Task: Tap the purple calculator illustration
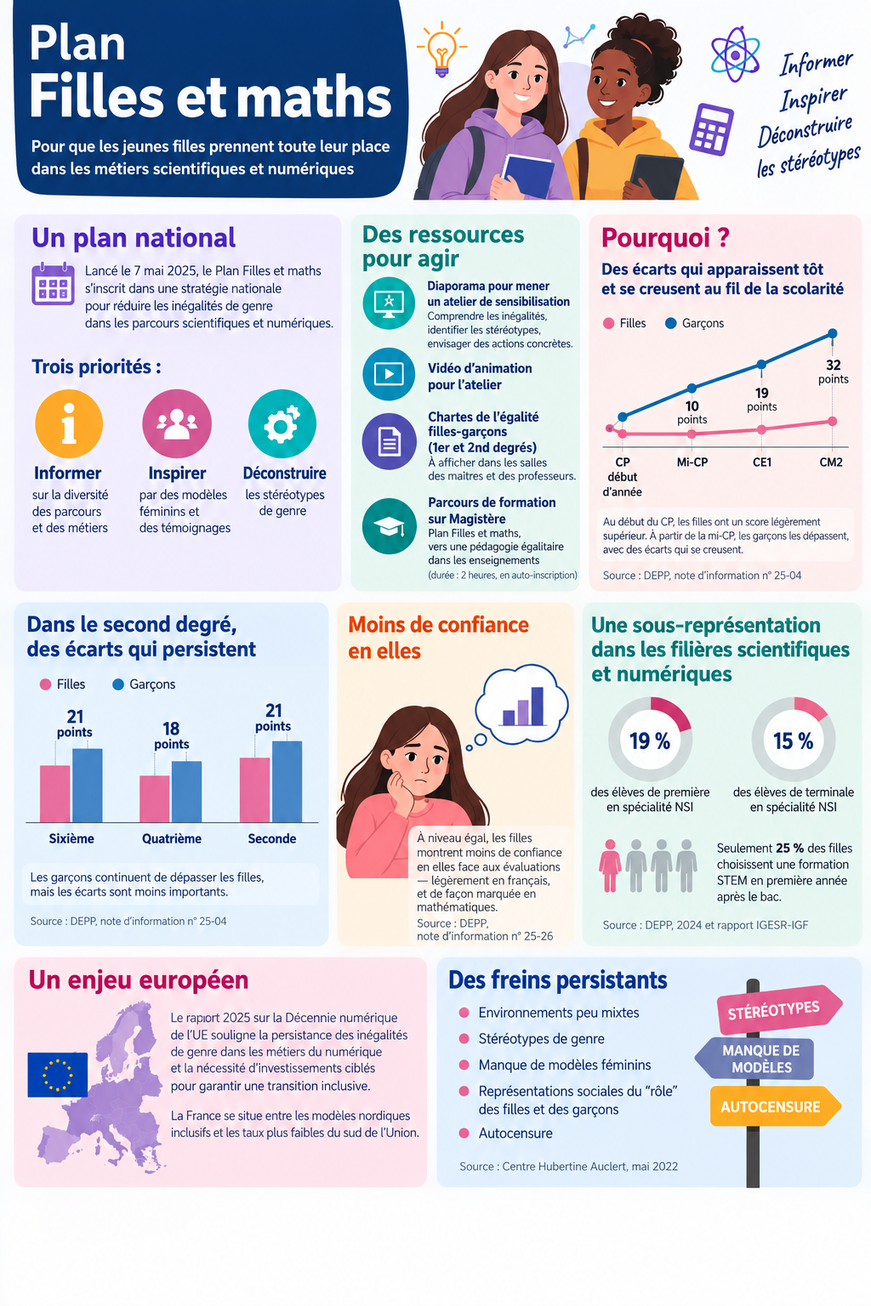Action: pyautogui.click(x=711, y=129)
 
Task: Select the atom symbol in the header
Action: pyautogui.click(x=735, y=54)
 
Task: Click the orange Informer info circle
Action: pyautogui.click(x=69, y=424)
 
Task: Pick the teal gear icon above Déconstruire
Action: pyautogui.click(x=282, y=424)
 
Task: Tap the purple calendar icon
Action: pyautogui.click(x=53, y=284)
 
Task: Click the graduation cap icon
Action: pyautogui.click(x=389, y=526)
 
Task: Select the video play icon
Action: pyautogui.click(x=389, y=374)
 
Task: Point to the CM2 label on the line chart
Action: pyautogui.click(x=831, y=463)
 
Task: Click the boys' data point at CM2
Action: pyautogui.click(x=833, y=333)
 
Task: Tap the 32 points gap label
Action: pyautogui.click(x=833, y=372)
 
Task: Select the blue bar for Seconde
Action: pyautogui.click(x=287, y=781)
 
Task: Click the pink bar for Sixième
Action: pyautogui.click(x=54, y=793)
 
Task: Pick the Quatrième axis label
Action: pyautogui.click(x=172, y=838)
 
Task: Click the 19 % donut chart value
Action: pyautogui.click(x=650, y=741)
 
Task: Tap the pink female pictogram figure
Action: pyautogui.click(x=610, y=866)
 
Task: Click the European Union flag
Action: pyautogui.click(x=58, y=1075)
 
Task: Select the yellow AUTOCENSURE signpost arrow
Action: pyautogui.click(x=776, y=1106)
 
